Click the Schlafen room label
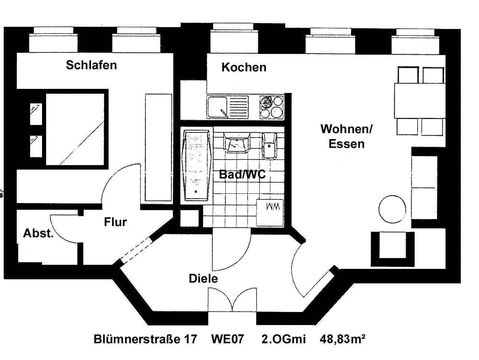(91, 65)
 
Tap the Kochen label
(244, 67)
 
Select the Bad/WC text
(242, 174)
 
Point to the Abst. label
(38, 234)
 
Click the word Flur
(115, 222)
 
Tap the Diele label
(203, 278)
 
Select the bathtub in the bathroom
(197, 165)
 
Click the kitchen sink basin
(217, 107)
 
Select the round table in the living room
(392, 209)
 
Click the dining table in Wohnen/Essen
(420, 100)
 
